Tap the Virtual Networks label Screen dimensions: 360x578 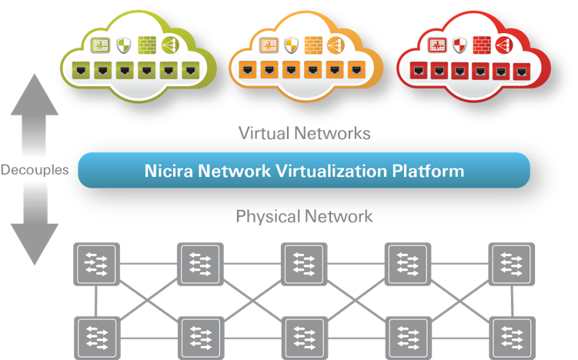[x=304, y=133]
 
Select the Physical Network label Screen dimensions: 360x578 [x=304, y=216]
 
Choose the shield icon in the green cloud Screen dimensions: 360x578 [x=123, y=45]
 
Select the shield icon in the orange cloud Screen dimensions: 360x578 [x=290, y=45]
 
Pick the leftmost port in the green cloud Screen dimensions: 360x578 [x=79, y=71]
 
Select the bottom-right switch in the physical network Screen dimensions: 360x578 [x=511, y=336]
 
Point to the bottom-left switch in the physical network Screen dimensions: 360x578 [x=95, y=336]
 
